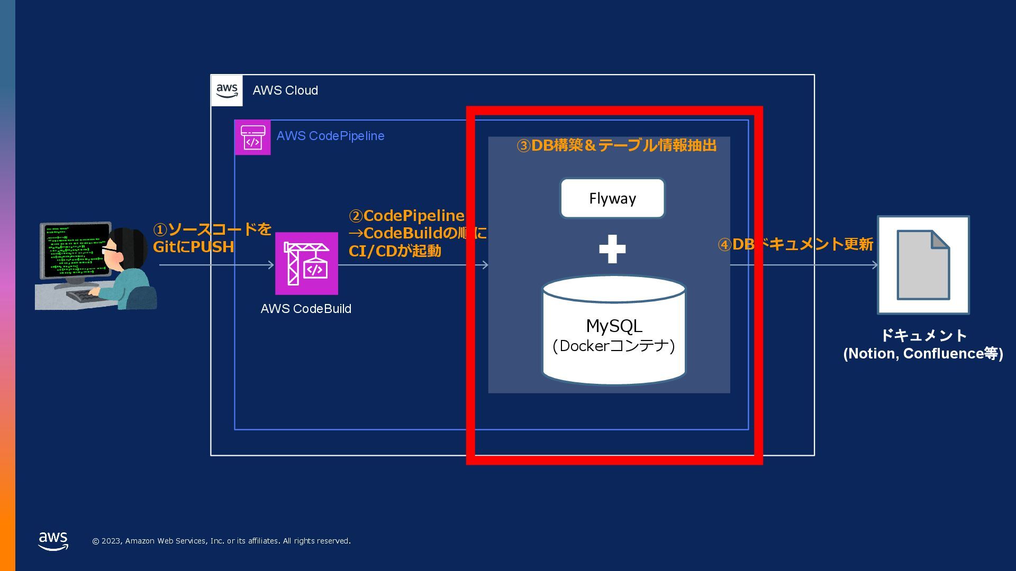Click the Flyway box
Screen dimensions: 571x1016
point(612,198)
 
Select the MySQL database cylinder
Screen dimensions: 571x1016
point(614,330)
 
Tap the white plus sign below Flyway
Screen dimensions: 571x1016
point(612,249)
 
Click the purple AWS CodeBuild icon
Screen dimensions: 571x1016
point(306,263)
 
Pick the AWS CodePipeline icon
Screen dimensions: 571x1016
point(252,137)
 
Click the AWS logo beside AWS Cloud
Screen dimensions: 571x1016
point(227,90)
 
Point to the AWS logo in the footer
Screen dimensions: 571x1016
point(53,541)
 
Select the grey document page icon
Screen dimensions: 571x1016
point(923,265)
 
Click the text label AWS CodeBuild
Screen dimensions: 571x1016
point(306,309)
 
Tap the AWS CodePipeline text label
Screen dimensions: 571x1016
point(330,136)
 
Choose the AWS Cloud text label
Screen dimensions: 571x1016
point(285,90)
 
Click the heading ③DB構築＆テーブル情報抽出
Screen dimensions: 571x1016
point(616,145)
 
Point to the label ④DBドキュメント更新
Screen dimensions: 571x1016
point(795,244)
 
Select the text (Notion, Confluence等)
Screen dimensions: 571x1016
point(923,353)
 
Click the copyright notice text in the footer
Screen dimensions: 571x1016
point(221,541)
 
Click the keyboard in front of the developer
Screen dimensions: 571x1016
point(85,295)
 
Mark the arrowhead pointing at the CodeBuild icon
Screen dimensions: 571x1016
point(271,265)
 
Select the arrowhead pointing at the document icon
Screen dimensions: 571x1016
point(875,265)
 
